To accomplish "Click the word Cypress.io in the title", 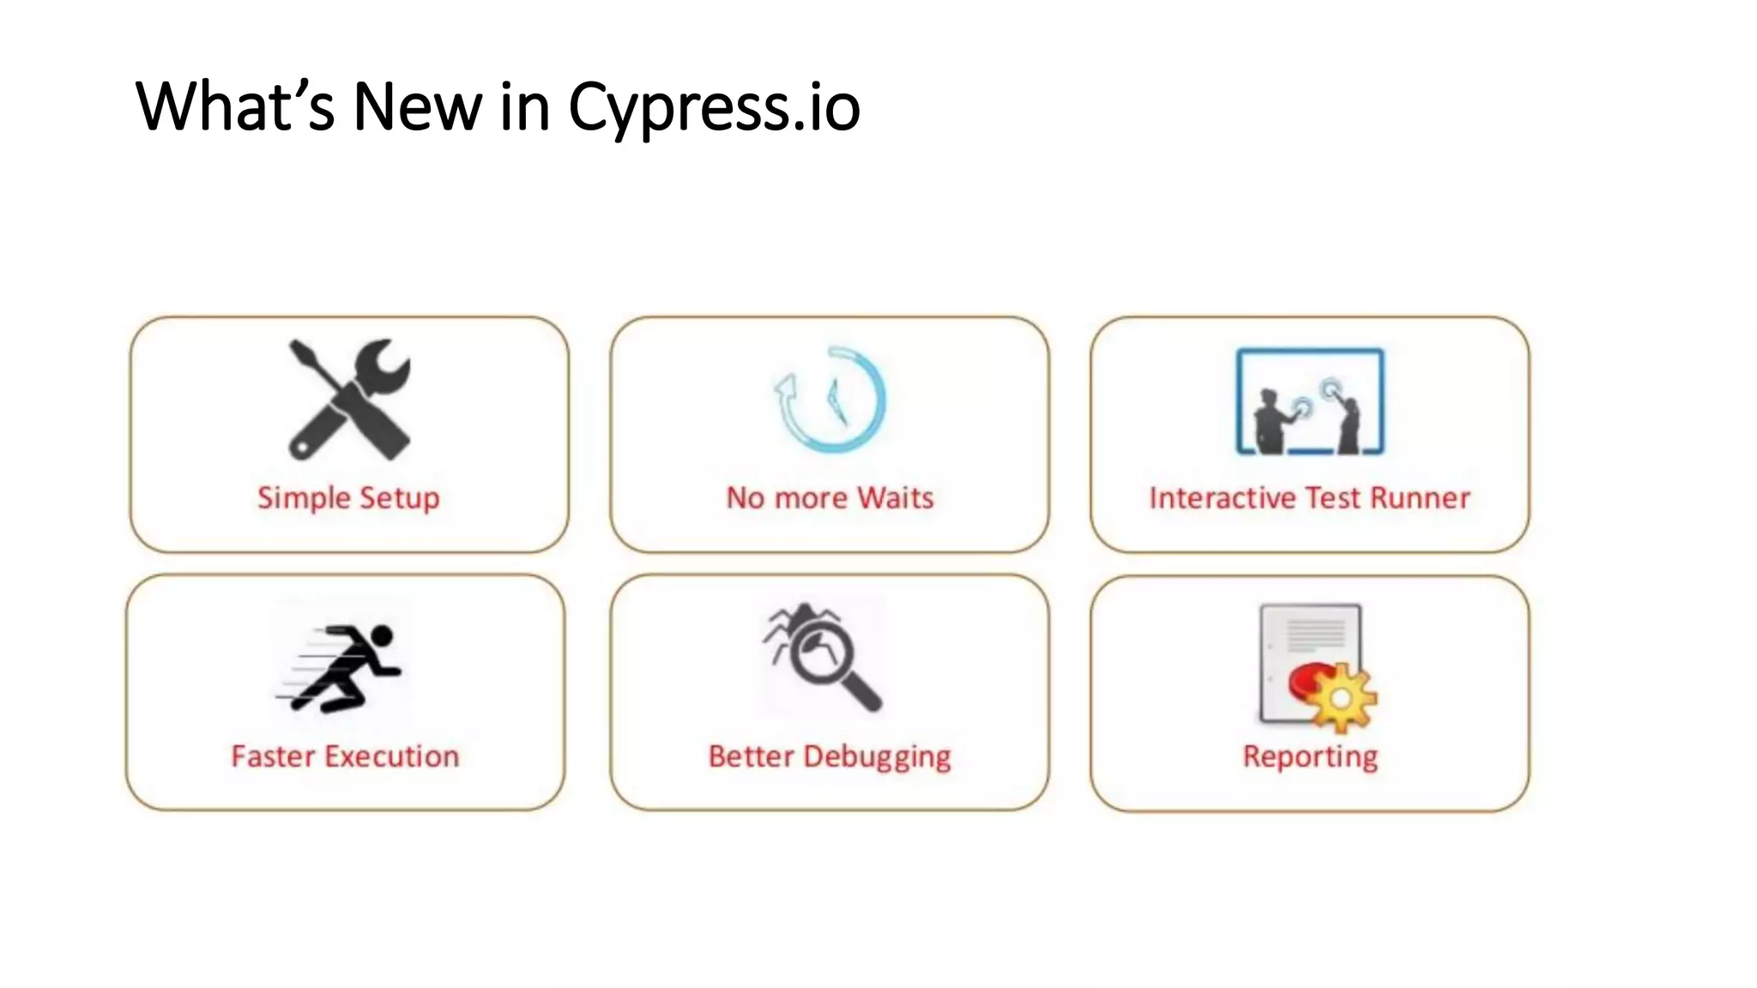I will point(714,108).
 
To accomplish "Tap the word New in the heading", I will point(417,108).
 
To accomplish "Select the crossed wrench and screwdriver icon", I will point(349,400).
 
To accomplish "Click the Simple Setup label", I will point(348,498).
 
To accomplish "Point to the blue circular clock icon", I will point(830,400).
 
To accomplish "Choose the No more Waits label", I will point(830,498).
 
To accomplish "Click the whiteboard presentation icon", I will point(1309,401).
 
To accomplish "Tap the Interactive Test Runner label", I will point(1309,498).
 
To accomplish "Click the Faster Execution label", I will point(345,756).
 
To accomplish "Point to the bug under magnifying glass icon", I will point(822,657).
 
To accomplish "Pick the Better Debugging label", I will point(830,756).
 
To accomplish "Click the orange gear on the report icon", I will point(1341,698).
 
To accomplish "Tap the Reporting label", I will point(1310,756).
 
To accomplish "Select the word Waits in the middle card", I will point(896,498).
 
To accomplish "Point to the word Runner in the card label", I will point(1420,498).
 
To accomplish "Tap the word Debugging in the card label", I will point(877,756).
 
